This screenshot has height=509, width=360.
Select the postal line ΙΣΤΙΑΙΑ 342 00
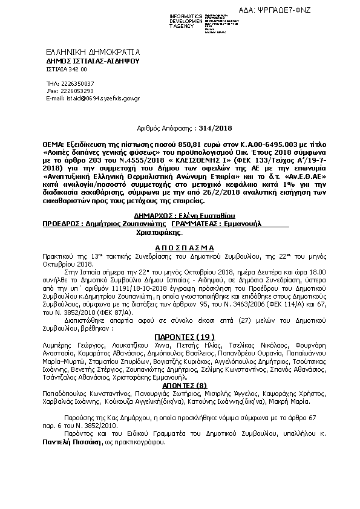coord(67,70)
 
